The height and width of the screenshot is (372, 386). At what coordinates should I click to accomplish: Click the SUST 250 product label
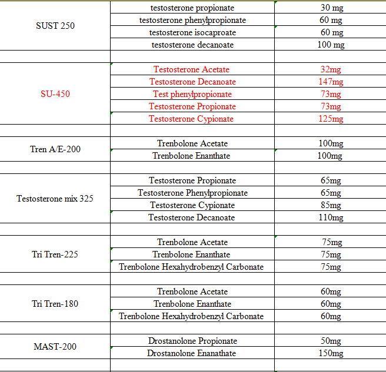click(x=55, y=26)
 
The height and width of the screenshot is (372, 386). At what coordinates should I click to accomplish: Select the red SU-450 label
click(x=55, y=94)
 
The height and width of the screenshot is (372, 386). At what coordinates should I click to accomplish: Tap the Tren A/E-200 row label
click(x=55, y=149)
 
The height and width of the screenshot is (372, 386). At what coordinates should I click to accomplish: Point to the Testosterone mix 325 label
click(x=55, y=199)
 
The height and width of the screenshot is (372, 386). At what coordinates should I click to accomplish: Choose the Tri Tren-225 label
click(x=55, y=254)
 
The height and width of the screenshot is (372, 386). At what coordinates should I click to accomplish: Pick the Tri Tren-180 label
click(x=55, y=304)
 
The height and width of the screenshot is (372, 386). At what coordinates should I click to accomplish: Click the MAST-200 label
click(x=55, y=347)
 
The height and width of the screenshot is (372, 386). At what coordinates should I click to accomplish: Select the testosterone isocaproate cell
click(x=192, y=32)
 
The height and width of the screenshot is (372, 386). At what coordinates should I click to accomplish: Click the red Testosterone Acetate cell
click(x=192, y=69)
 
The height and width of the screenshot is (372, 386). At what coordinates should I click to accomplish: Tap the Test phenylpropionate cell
click(x=192, y=94)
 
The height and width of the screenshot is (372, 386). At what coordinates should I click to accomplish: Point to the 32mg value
click(x=331, y=69)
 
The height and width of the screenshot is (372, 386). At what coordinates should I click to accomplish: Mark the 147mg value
click(x=331, y=82)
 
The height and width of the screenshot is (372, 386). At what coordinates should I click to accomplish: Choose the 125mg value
click(x=331, y=119)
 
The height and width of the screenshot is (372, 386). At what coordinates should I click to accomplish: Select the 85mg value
click(x=331, y=205)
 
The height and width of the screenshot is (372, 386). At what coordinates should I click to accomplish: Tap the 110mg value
click(x=331, y=217)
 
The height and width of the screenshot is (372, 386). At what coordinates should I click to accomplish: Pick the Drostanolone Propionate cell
click(x=192, y=341)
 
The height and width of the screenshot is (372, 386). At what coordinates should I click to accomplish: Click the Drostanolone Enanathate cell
click(x=192, y=353)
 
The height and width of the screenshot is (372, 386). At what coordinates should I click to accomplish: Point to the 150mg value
click(x=331, y=353)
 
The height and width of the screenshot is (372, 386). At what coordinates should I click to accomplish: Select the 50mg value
click(x=331, y=341)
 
